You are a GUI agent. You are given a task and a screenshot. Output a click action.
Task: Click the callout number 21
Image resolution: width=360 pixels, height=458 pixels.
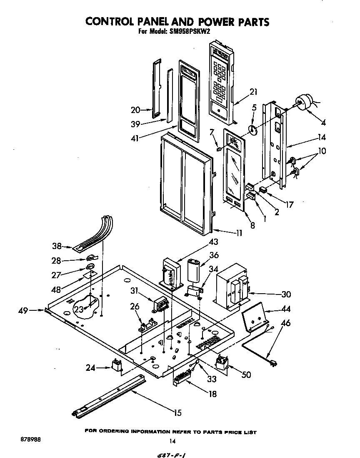pyautogui.click(x=253, y=92)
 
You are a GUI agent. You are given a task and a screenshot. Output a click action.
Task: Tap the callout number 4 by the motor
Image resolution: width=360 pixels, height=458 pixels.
pyautogui.click(x=323, y=123)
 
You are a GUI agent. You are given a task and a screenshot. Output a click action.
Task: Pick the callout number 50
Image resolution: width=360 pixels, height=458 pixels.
pyautogui.click(x=246, y=375)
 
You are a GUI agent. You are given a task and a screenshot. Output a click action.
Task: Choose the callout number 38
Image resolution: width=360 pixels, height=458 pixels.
pyautogui.click(x=57, y=246)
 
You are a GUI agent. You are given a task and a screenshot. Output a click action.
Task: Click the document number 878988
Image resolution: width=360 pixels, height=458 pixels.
pyautogui.click(x=30, y=440)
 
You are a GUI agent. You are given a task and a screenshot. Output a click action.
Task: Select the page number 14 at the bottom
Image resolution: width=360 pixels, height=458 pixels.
pyautogui.click(x=172, y=441)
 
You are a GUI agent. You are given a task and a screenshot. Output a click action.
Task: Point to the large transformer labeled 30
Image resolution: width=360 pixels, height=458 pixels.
pyautogui.click(x=232, y=288)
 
